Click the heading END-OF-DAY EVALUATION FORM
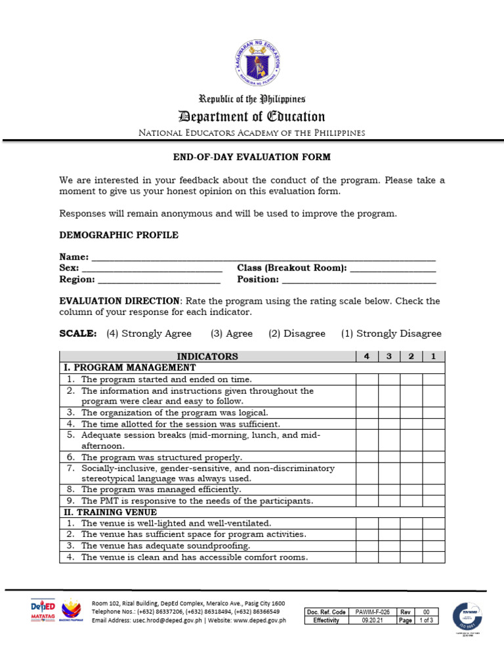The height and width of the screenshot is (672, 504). [x=252, y=157]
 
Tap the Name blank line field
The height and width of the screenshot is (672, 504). [x=262, y=259]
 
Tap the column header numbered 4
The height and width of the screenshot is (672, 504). [x=367, y=356]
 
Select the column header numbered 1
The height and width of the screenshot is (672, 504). [x=433, y=356]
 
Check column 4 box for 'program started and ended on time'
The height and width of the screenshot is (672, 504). [x=367, y=379]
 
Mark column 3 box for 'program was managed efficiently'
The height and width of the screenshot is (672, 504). [x=389, y=490]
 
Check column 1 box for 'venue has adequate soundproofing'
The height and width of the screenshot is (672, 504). [x=433, y=546]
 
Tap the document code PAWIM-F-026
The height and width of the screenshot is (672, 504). [x=371, y=612]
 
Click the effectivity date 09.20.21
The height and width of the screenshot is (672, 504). [x=371, y=620]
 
